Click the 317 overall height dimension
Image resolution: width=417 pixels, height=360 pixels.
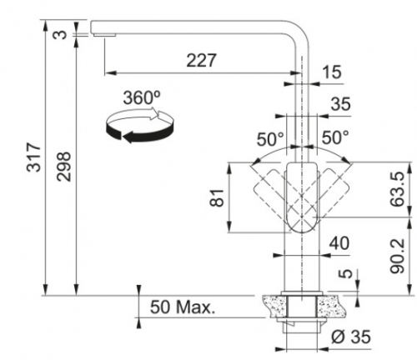tap(34, 157)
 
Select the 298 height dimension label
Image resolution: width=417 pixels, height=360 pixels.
tap(63, 167)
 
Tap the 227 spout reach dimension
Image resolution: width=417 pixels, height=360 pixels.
tap(201, 60)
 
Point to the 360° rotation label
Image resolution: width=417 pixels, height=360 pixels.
tap(142, 97)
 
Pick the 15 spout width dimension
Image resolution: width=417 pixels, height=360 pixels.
tap(331, 72)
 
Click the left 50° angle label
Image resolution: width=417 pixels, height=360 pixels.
tap(270, 139)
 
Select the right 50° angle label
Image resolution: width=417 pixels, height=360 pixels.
tap(335, 137)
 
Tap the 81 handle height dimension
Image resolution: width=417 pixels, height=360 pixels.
tap(217, 197)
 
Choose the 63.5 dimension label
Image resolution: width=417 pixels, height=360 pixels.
tap(396, 189)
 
